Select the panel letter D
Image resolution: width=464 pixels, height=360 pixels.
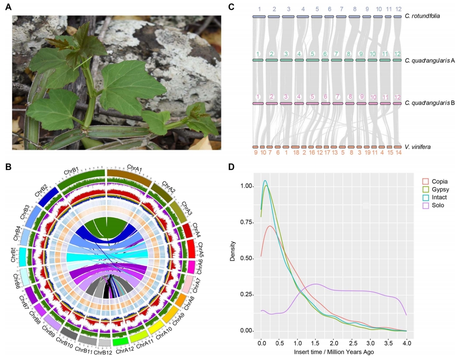(x=231, y=167)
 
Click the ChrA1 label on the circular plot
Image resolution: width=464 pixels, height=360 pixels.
(x=134, y=169)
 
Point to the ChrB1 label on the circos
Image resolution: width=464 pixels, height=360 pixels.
(x=71, y=171)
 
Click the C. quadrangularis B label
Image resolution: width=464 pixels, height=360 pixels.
(x=430, y=104)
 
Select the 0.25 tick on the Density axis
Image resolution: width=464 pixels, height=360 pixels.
(x=247, y=294)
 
